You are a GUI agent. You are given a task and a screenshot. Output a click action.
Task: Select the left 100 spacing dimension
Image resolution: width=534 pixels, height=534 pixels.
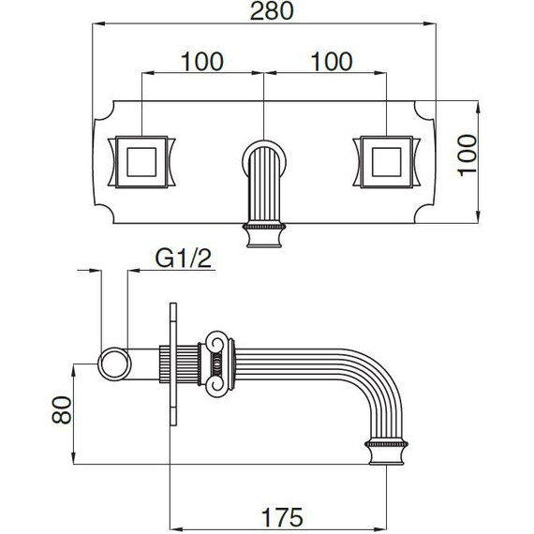click(202, 62)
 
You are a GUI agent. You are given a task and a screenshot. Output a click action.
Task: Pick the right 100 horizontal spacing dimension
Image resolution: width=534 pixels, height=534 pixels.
click(329, 62)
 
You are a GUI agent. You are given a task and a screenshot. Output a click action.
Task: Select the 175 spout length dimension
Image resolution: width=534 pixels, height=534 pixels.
click(279, 515)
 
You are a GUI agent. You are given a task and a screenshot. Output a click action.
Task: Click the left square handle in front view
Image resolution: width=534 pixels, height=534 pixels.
click(141, 161)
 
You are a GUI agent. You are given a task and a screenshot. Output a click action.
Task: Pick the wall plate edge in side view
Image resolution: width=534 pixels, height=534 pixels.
click(171, 365)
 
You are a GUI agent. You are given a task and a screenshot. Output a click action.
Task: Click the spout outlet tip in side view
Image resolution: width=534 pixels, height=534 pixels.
click(386, 452)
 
